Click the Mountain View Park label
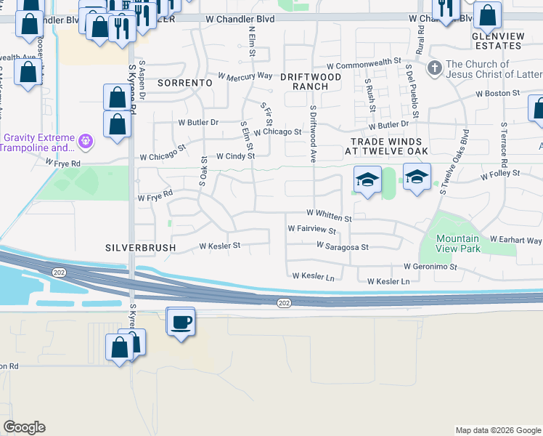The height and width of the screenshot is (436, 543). pyautogui.click(x=458, y=243)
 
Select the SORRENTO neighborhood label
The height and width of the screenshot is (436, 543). pyautogui.click(x=185, y=83)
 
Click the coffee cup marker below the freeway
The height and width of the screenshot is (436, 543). pyautogui.click(x=180, y=320)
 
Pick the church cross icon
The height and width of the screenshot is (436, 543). pyautogui.click(x=435, y=69)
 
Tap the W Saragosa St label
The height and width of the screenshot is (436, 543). pyautogui.click(x=343, y=246)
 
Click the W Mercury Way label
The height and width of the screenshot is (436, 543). pyautogui.click(x=245, y=76)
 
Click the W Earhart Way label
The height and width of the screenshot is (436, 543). pyautogui.click(x=515, y=240)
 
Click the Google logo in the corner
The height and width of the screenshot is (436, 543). pyautogui.click(x=24, y=427)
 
